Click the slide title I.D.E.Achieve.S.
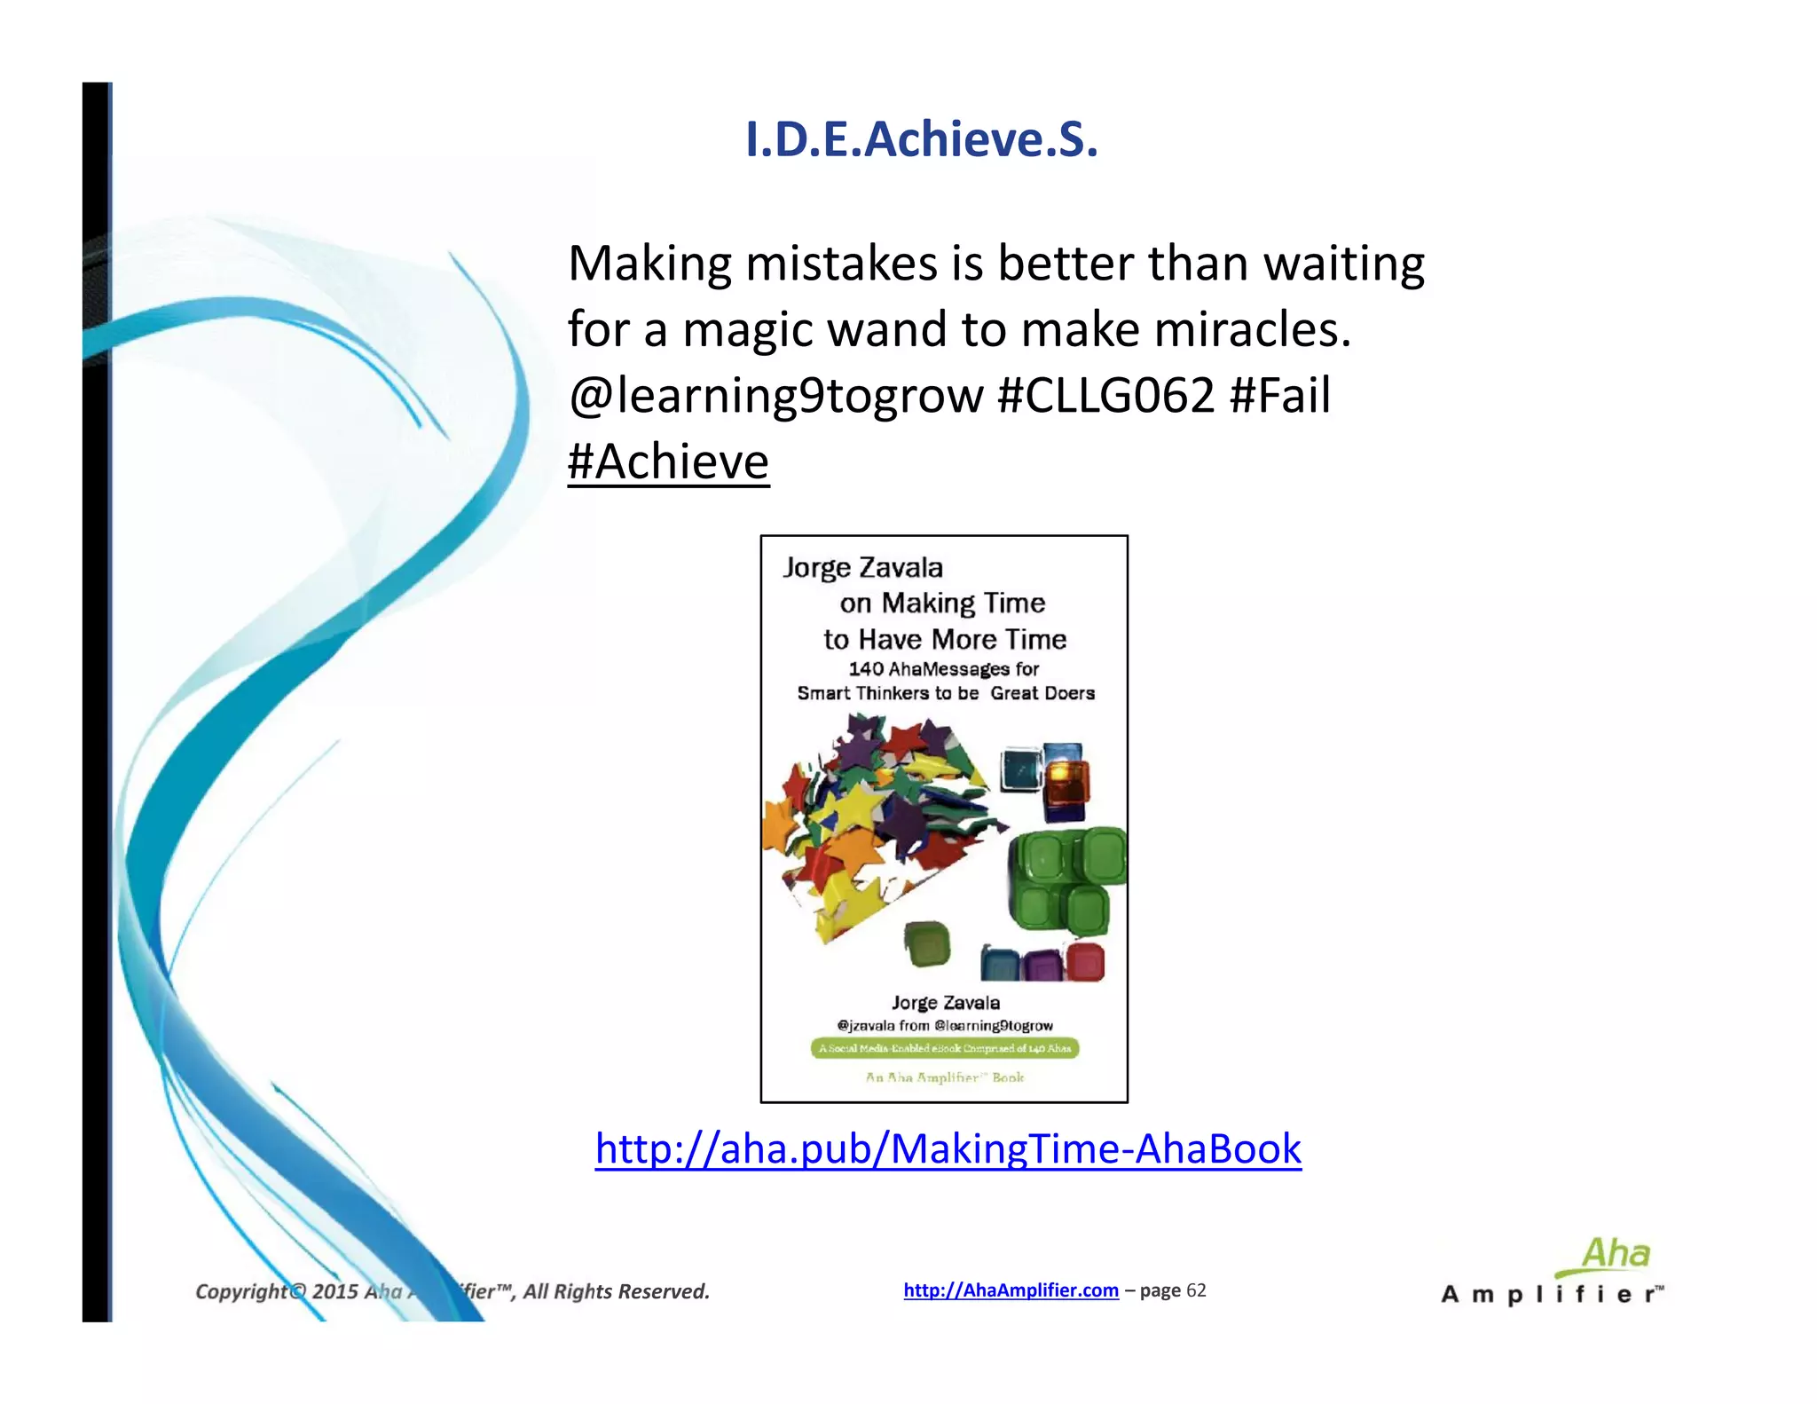921,139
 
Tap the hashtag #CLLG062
1105,395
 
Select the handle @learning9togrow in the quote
775,397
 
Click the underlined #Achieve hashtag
668,461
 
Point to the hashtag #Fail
1279,395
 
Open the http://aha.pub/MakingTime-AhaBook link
948,1148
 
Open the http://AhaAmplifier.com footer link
1011,1290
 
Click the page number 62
1196,1290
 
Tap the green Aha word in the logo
1615,1254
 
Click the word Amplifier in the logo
1552,1295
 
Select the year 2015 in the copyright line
334,1291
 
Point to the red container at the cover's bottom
1084,961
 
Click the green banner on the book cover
944,1048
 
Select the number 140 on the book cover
866,669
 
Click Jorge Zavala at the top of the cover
862,568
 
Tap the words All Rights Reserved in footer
616,1291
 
